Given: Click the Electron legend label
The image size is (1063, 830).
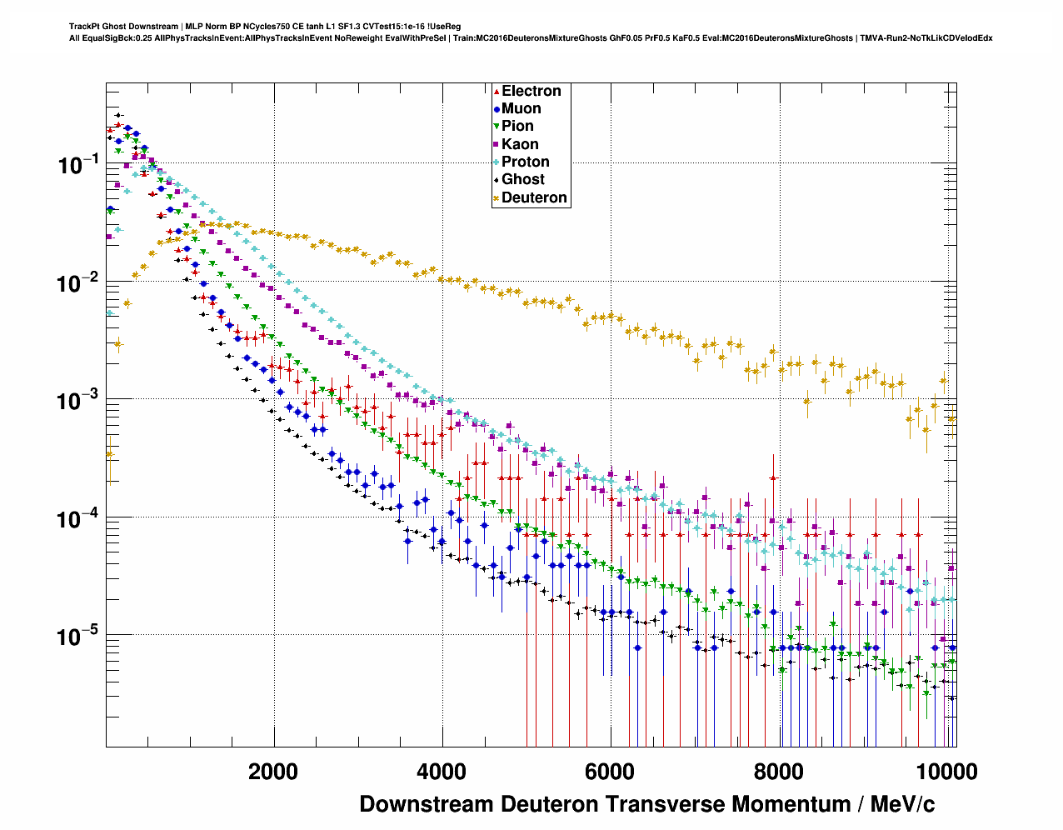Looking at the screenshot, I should (531, 91).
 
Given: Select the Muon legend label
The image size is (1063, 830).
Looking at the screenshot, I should (521, 108).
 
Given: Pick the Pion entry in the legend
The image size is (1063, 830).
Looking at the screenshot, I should (517, 126).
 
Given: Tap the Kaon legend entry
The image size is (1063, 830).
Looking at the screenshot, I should (520, 144).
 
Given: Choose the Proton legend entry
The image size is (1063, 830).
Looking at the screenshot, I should (525, 162).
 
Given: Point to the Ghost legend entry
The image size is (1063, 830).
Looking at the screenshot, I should (522, 179).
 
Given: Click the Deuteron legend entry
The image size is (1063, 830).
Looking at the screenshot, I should (534, 197).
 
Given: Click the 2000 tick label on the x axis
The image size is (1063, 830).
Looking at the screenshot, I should (273, 772).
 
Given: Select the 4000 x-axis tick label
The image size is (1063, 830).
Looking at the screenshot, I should (442, 772).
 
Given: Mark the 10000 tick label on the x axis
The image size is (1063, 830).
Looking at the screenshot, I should (946, 772).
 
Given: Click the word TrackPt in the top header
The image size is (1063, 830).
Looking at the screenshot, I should (83, 27).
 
